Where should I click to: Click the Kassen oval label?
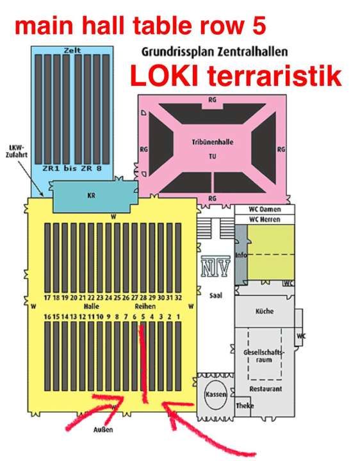[x=216, y=394]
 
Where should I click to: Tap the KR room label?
[x=91, y=195]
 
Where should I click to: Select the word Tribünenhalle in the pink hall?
[x=213, y=142]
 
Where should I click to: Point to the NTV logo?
[x=216, y=266]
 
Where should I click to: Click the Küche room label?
[x=265, y=311]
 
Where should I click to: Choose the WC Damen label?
[x=265, y=209]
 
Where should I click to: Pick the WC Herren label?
[x=265, y=220]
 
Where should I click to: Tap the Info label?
[x=241, y=255]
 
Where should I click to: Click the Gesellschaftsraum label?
[x=264, y=356]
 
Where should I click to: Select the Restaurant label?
[x=266, y=389]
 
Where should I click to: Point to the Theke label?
[x=245, y=406]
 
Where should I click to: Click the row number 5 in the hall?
[x=143, y=317]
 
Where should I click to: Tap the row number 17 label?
[x=47, y=298]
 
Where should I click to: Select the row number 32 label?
[x=178, y=298]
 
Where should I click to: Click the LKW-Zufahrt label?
[x=17, y=151]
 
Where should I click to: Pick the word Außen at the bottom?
[x=103, y=430]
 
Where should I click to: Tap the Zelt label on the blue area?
[x=72, y=51]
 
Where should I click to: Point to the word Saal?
[x=216, y=295]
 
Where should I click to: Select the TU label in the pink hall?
[x=213, y=156]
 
